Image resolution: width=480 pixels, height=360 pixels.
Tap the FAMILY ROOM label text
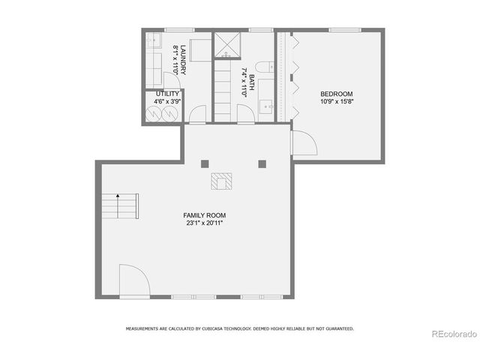pos(205,214)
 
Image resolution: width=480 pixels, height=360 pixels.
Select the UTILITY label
pos(167,94)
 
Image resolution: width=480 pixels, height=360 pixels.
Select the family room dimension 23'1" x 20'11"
pos(205,222)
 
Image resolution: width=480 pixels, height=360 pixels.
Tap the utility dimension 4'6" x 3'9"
pos(167,101)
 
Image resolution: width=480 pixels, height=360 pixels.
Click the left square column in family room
pos(203,163)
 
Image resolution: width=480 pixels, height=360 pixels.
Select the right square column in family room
pos(262,163)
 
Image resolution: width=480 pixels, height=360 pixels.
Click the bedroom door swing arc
pos(302,142)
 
